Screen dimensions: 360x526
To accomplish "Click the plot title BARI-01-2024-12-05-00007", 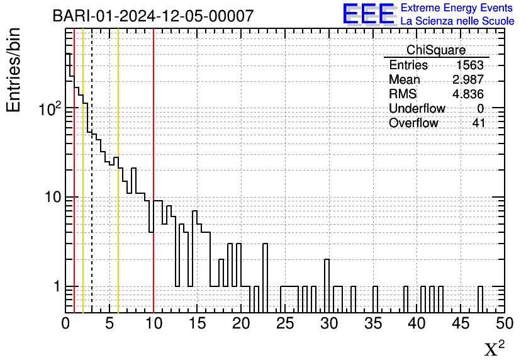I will tap(153, 16).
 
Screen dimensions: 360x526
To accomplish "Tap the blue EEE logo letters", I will tap(369, 14).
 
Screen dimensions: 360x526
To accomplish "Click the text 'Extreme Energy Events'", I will tap(457, 8).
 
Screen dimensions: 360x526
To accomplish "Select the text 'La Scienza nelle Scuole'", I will tap(457, 21).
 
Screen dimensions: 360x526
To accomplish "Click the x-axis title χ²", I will tap(494, 348).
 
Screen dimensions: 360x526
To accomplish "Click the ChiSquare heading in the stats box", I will tap(436, 50).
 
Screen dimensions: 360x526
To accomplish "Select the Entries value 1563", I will tap(470, 65).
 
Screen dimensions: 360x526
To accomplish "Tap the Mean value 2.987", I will tap(467, 80).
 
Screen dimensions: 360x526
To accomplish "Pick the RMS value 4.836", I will tap(467, 94).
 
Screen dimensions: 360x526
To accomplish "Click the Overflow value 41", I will tap(479, 123).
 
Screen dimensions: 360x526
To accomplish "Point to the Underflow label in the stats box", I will tap(417, 109).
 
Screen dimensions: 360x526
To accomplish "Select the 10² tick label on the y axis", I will tap(48, 108).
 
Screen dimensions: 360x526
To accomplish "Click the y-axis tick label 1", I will tap(56, 286).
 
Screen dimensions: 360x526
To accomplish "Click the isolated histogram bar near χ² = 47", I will tap(480, 299).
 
